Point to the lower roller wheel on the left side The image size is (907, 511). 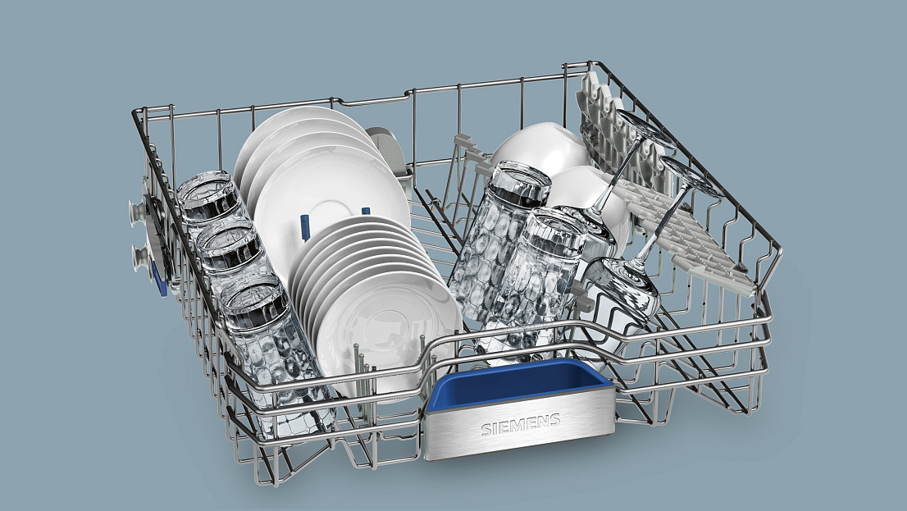(140, 257)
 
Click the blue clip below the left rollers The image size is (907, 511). (160, 280)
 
